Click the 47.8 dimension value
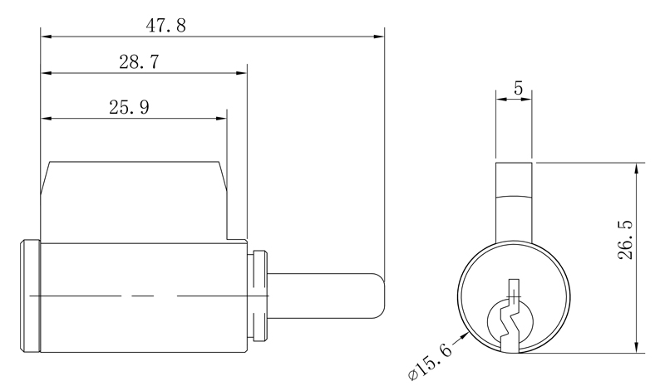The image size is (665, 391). coord(166,25)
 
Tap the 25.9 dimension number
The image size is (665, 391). coord(129,107)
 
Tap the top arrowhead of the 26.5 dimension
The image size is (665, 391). coord(636,168)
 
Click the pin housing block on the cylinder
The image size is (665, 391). coord(133,199)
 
